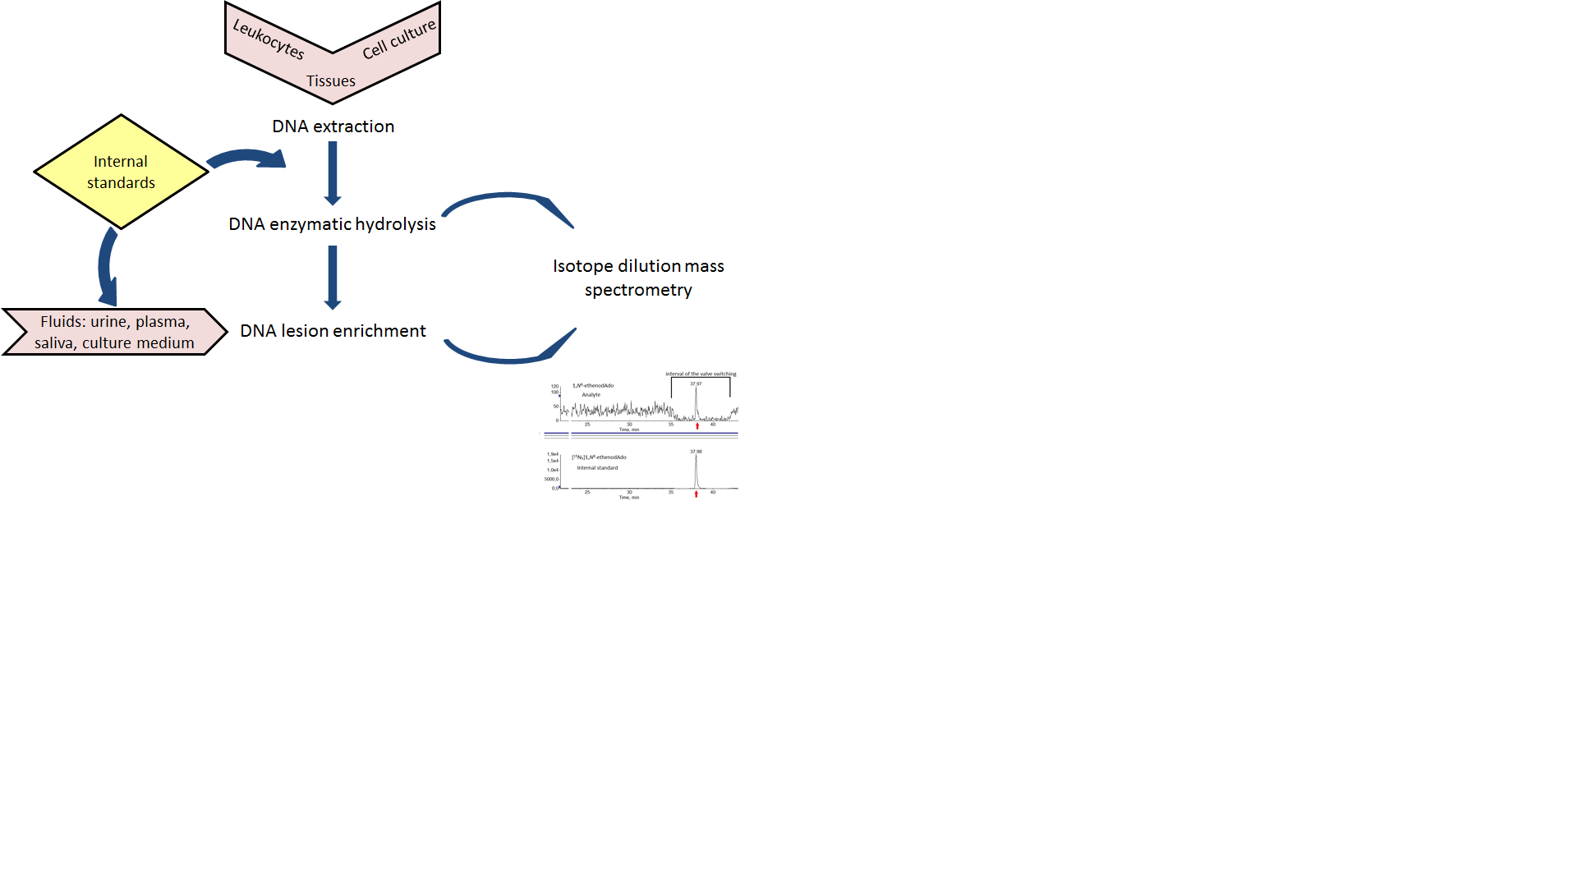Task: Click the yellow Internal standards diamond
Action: coord(121,172)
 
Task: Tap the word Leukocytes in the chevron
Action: coord(269,39)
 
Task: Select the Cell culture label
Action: coord(399,39)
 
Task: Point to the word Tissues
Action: coord(331,81)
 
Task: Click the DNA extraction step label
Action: coord(333,126)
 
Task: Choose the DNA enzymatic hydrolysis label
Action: coord(332,224)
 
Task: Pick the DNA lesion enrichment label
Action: coord(333,331)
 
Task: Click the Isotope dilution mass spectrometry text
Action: coord(638,278)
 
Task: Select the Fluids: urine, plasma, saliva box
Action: coord(114,332)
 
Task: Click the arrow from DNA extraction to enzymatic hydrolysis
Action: coord(333,172)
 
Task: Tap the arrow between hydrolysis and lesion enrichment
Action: coord(333,278)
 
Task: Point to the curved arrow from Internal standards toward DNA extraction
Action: coord(246,157)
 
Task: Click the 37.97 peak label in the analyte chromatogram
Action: coord(696,384)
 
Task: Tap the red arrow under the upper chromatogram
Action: coord(697,425)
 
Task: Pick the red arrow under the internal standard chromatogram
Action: coord(697,494)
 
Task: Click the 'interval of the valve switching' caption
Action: coord(701,374)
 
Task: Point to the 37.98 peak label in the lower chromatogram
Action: coord(696,452)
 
